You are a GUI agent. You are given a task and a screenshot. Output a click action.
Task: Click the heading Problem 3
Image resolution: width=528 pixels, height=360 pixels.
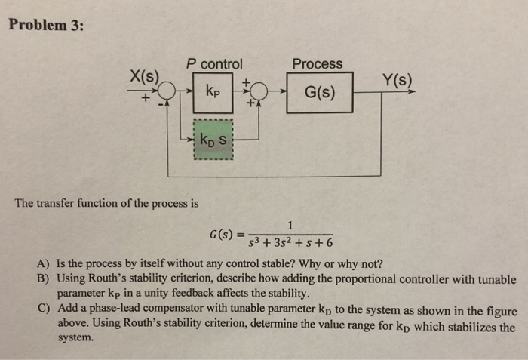(47, 24)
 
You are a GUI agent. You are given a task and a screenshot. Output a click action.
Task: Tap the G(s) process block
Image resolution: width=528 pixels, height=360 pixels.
(320, 94)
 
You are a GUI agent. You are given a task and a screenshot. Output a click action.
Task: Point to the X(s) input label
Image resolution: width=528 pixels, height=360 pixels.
(145, 76)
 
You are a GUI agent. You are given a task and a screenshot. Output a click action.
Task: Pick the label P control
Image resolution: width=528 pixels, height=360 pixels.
(214, 64)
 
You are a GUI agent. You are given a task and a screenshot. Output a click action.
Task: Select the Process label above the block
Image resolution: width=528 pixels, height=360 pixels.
(317, 64)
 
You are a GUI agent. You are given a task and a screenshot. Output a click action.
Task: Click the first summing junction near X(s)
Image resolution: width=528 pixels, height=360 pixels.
(167, 94)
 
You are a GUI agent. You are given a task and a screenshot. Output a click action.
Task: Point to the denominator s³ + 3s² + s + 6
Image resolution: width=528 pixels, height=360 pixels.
(290, 243)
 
